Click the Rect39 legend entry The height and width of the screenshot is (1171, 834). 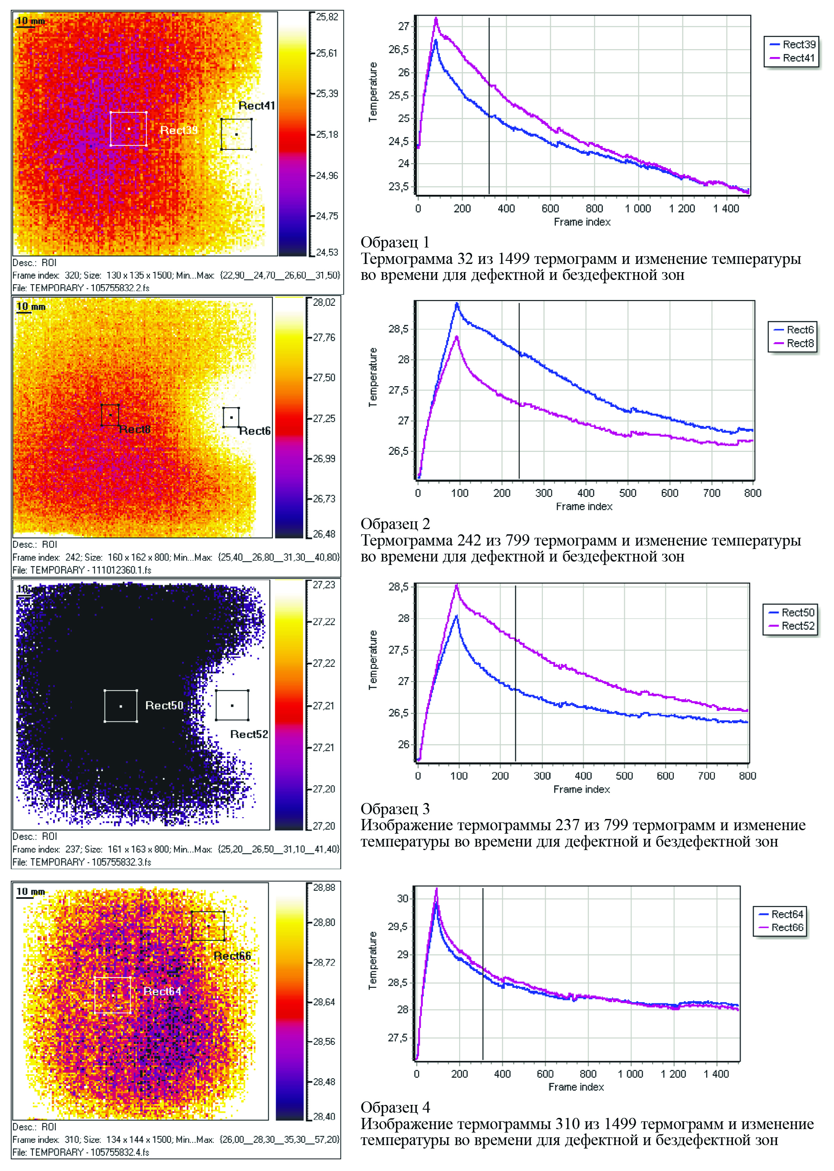click(x=799, y=44)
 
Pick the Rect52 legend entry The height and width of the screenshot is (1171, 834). click(x=798, y=625)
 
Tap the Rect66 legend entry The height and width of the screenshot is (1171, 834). click(x=787, y=927)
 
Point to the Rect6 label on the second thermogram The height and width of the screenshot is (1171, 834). click(x=255, y=431)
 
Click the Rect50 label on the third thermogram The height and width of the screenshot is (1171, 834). click(x=164, y=705)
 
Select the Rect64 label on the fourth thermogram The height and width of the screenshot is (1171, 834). click(x=162, y=991)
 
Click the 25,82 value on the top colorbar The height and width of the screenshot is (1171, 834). click(x=327, y=17)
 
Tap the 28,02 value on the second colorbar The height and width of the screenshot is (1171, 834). click(x=324, y=302)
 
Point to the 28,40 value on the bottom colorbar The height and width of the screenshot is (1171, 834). click(x=324, y=1117)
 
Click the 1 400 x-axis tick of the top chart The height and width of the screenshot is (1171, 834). click(x=726, y=209)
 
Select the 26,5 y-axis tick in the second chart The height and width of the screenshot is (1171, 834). click(x=399, y=451)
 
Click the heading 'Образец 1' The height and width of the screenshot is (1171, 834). click(x=395, y=242)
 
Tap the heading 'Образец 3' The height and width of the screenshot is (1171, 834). click(x=395, y=809)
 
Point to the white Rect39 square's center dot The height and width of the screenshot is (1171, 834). click(x=128, y=129)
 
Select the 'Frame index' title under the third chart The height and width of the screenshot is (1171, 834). click(x=581, y=789)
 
